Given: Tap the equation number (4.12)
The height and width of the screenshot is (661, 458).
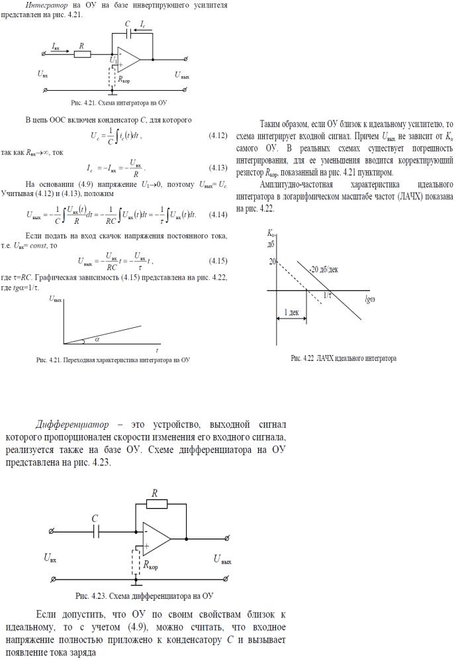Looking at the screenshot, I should click(x=218, y=136).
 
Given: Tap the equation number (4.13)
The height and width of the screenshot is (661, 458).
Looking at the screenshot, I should click(x=218, y=166).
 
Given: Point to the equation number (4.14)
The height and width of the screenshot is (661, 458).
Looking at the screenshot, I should click(x=218, y=215).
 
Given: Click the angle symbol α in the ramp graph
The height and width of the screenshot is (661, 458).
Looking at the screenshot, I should click(x=97, y=339).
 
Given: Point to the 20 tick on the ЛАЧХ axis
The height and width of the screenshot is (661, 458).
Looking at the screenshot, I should click(x=271, y=262).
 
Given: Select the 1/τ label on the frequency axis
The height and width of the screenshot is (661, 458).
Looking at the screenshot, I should click(x=328, y=295).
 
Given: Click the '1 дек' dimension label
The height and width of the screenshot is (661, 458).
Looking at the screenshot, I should click(x=291, y=311).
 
